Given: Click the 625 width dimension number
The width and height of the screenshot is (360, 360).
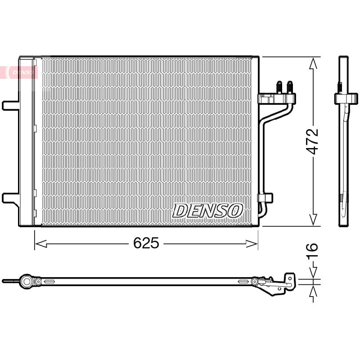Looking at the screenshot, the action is [146, 243].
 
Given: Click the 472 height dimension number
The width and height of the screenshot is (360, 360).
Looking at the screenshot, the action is [313, 141].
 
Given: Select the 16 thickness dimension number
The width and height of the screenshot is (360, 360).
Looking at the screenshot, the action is [313, 251].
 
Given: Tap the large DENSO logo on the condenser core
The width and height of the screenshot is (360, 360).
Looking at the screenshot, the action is [207, 211].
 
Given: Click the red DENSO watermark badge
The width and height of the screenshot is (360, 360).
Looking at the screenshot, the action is [18, 72].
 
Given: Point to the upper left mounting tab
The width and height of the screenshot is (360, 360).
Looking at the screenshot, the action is [10, 105].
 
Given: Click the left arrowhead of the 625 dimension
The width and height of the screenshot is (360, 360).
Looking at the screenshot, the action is [41, 244].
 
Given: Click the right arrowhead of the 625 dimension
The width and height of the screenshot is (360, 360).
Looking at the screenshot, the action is [252, 244].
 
